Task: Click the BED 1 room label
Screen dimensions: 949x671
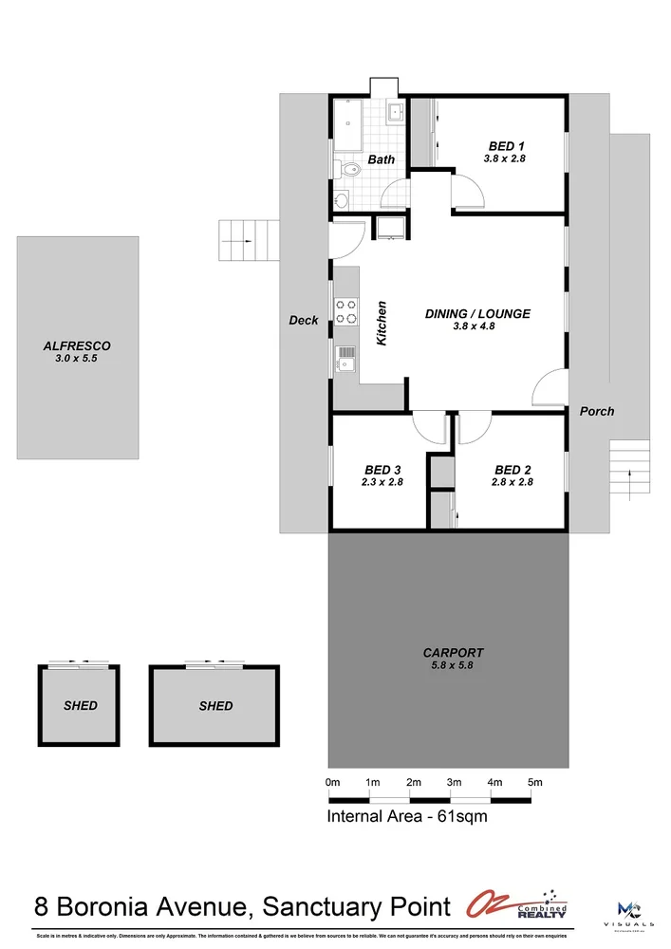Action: (503, 146)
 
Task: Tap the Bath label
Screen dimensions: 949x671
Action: (382, 159)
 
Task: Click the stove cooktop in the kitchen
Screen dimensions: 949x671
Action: (345, 311)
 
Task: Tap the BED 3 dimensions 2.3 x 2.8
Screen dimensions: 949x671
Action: (382, 482)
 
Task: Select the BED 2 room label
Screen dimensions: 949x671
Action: (513, 470)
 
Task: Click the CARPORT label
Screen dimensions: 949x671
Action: (453, 653)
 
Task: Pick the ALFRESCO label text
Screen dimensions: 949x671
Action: (77, 346)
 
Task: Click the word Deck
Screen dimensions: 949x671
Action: (304, 321)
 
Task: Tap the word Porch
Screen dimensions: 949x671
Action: (597, 411)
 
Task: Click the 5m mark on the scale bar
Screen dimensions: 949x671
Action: (535, 783)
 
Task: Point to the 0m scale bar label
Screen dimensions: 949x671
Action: (332, 783)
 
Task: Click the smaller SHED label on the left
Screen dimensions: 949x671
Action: (80, 706)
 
